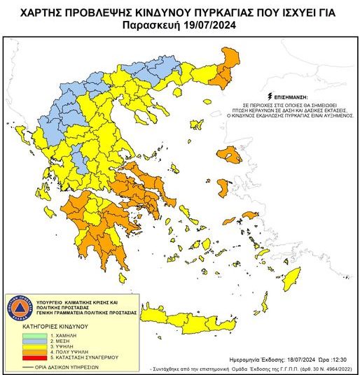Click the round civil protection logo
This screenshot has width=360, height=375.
point(20,309)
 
